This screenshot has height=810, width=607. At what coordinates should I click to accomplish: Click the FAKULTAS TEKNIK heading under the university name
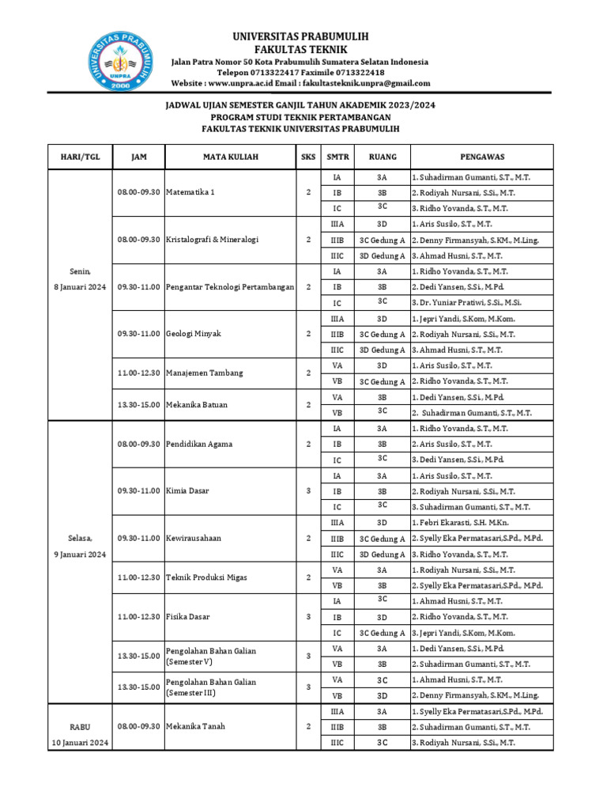pos(300,49)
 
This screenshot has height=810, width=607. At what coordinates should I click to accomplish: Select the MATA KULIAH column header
pos(230,157)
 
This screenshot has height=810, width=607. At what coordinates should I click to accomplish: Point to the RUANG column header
pos(382,157)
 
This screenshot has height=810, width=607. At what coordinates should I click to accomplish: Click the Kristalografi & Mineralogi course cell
pos(213,239)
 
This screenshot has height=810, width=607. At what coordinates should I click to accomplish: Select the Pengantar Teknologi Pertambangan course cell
pos(230,286)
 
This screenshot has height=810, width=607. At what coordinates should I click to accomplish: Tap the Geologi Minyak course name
pos(194,334)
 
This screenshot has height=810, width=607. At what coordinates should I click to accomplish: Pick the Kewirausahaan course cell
pos(194,538)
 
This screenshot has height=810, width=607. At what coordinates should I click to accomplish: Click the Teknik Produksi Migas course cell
pos(206,577)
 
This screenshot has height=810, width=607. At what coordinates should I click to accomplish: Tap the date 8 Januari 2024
pos(80,286)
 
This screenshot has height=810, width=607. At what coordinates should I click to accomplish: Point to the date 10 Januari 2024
pos(80,742)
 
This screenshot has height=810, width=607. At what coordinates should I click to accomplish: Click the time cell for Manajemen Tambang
pos(138,373)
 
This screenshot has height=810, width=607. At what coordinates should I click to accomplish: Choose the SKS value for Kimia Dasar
pos(308,490)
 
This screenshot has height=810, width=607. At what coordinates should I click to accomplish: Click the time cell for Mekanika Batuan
pos(138,405)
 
